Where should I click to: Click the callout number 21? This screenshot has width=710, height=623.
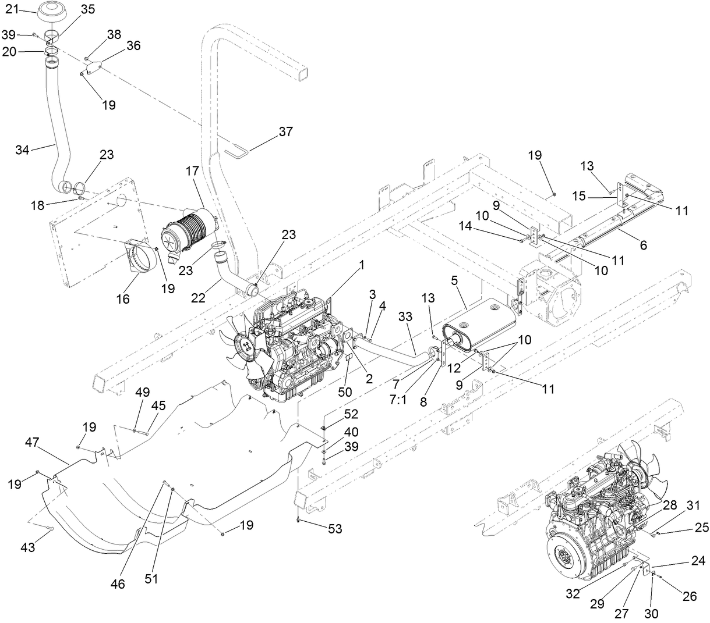12,9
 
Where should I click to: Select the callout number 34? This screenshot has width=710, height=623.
22,150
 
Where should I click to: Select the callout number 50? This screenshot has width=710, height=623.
345,391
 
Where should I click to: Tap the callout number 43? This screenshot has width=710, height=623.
28,547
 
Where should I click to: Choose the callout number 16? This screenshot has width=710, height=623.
123,299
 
